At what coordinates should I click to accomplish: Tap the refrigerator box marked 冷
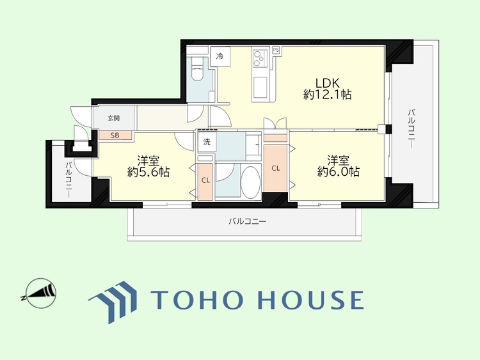[x=220, y=56]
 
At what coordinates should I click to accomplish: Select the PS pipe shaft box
[x=276, y=50]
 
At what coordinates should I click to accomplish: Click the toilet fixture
[x=198, y=70]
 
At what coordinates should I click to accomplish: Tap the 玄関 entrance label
[x=113, y=118]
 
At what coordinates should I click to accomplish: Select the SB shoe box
[x=115, y=135]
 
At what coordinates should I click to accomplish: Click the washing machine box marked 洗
[x=207, y=142]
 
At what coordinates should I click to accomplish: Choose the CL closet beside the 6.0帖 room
[x=275, y=168]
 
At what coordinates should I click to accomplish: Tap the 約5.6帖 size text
[x=148, y=172]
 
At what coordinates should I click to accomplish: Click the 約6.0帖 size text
[x=339, y=171]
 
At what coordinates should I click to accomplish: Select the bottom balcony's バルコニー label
[x=248, y=221]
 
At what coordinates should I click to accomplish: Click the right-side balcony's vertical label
[x=411, y=129]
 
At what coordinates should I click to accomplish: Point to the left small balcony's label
[x=68, y=180]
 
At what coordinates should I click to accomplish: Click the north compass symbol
[x=41, y=293]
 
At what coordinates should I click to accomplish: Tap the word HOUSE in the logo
[x=310, y=299]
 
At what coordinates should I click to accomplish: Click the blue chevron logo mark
[x=113, y=301]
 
